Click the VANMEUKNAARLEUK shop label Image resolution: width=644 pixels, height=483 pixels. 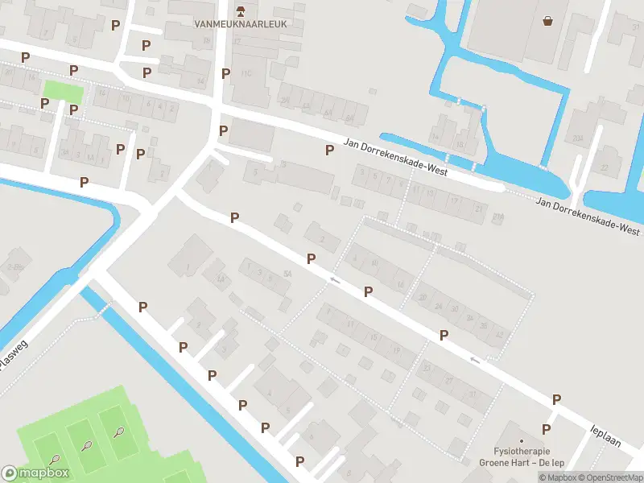[x=240, y=24]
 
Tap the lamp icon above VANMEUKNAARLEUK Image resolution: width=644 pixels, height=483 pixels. [x=240, y=10]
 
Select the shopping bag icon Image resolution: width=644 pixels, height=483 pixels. [x=548, y=21]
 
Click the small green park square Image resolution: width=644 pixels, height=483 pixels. [x=63, y=91]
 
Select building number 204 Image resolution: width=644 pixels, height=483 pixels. [x=577, y=138]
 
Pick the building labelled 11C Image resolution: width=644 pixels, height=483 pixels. [x=246, y=74]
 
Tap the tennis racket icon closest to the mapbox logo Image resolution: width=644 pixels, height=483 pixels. [x=55, y=460]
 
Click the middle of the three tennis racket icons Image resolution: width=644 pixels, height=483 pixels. [x=86, y=445]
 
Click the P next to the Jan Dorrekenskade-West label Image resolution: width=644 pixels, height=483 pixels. [x=328, y=150]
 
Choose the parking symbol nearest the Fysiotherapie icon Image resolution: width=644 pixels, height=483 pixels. [x=546, y=429]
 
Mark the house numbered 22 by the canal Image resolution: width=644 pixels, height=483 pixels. [x=604, y=167]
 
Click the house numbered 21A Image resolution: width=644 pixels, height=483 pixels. [x=497, y=216]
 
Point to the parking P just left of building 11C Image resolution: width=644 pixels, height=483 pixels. [x=225, y=73]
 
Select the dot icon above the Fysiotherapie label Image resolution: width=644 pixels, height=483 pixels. [x=522, y=441]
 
